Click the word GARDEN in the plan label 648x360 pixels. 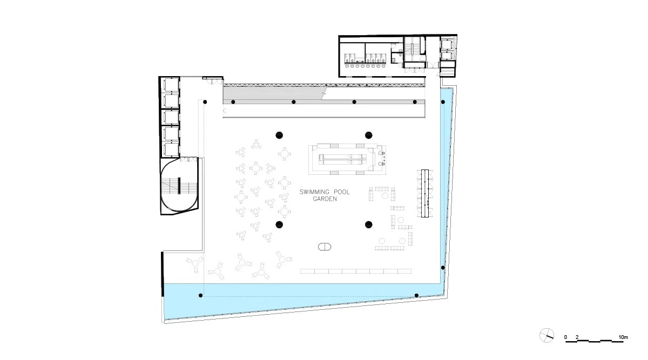(x=325, y=199)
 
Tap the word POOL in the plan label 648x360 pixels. (x=342, y=192)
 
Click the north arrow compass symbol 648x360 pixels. (x=546, y=335)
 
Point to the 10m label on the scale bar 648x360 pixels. (x=623, y=337)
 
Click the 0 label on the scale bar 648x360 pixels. (x=565, y=337)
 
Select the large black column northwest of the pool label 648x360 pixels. (x=279, y=135)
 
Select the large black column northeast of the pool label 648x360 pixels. (x=368, y=135)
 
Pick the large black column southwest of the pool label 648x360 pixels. (x=279, y=225)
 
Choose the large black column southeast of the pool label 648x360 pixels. (x=368, y=225)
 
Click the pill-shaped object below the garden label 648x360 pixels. (x=325, y=247)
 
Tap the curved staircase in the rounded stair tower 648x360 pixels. (x=179, y=187)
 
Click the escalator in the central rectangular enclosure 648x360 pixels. (x=342, y=159)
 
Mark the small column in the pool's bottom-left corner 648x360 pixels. (x=200, y=296)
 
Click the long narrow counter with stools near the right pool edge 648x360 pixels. (x=424, y=193)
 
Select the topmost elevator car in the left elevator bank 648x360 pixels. (x=171, y=85)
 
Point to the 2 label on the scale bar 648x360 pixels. (x=577, y=337)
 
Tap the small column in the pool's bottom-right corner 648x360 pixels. (x=416, y=296)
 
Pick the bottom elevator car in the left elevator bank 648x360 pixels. (x=171, y=150)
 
